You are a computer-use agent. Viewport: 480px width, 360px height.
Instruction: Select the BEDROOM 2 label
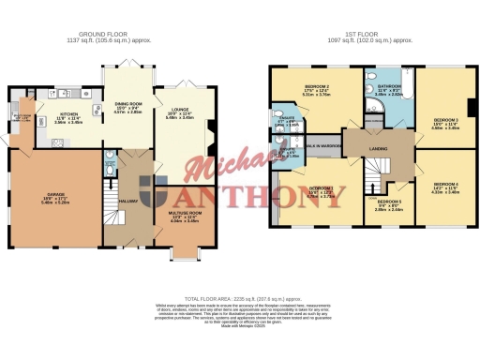pos(313,87)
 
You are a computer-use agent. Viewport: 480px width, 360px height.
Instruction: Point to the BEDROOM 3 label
pos(444,120)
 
